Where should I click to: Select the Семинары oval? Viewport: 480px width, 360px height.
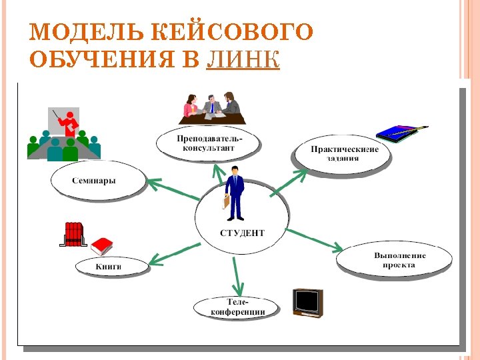[x=98, y=180]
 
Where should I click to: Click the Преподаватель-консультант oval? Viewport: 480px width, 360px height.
[x=209, y=142]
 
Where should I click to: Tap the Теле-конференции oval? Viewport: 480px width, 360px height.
[x=237, y=307]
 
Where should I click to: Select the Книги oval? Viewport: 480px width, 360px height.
[x=111, y=267]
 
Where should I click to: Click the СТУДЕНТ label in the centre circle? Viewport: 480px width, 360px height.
[x=242, y=233]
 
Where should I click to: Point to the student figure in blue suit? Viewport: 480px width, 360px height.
[x=234, y=194]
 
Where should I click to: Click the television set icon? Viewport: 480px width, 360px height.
[x=308, y=302]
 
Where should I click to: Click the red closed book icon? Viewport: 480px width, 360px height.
[x=103, y=247]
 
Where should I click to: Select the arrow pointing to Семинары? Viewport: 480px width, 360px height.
[x=171, y=189]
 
